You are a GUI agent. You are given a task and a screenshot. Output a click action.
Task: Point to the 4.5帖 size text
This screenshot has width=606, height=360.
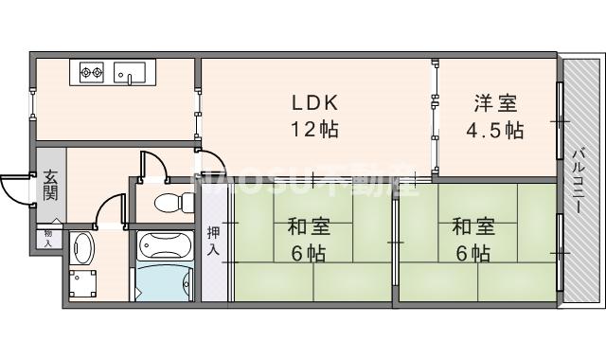click(494, 130)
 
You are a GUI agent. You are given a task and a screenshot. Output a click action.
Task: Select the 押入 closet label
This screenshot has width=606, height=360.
click(214, 242)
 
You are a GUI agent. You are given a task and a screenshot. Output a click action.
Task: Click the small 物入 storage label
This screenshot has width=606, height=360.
click(48, 236)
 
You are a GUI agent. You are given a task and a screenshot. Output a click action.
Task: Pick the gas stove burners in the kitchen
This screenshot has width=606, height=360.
click(92, 70)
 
